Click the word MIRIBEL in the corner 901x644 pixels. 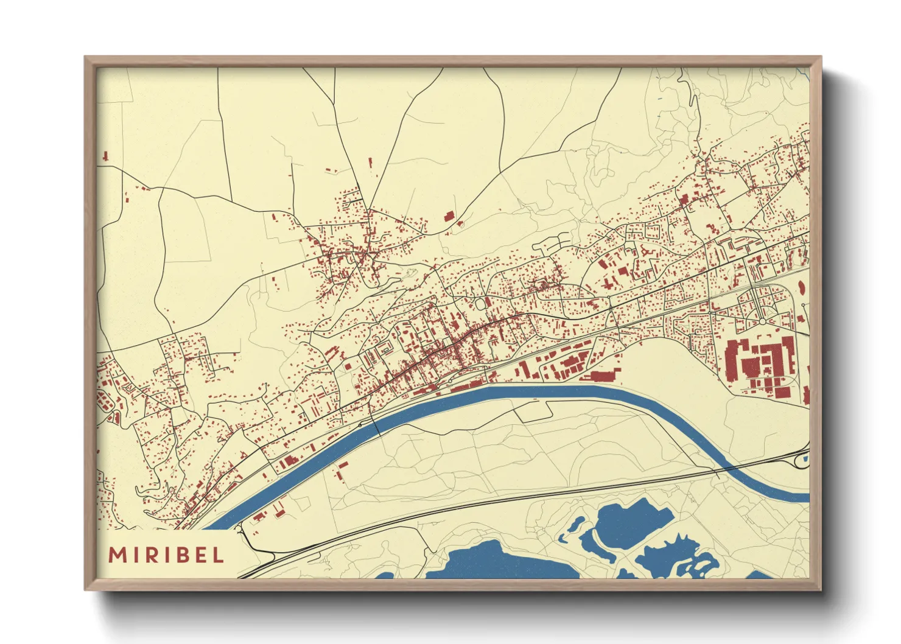pos(166,555)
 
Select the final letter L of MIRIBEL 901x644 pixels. pos(219,555)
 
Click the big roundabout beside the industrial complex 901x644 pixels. pos(762,321)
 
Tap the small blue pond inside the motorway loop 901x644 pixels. pos(804,460)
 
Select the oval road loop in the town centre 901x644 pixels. pos(482,303)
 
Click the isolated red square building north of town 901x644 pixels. pos(450,215)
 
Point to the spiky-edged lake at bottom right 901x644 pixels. pos(673,554)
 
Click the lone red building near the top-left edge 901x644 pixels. pos(105,156)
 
